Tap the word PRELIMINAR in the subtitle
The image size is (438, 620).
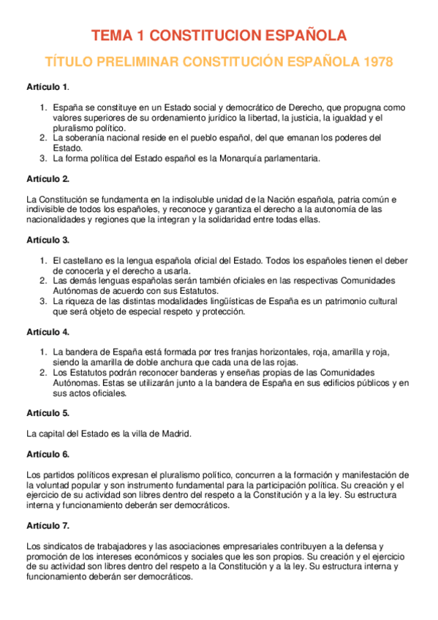tap(138, 62)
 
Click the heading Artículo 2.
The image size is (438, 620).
tap(48, 178)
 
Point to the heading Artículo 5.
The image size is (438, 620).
tap(48, 412)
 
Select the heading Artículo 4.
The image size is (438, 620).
tap(48, 332)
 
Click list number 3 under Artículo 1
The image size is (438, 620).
tap(43, 157)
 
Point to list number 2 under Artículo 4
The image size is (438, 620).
tap(43, 372)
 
